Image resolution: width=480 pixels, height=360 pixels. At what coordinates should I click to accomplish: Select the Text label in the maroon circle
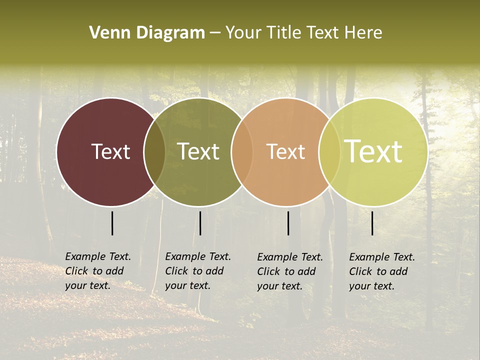[110, 151]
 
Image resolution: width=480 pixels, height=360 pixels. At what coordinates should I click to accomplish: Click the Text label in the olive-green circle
[198, 151]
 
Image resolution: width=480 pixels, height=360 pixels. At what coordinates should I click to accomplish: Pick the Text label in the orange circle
[285, 151]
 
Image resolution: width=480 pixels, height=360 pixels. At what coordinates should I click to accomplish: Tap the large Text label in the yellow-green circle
[373, 151]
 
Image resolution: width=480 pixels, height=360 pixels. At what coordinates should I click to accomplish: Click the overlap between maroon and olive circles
[154, 152]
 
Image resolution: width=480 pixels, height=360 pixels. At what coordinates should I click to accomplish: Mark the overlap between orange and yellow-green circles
[329, 152]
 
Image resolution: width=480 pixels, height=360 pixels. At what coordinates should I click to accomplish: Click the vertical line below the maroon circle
[112, 223]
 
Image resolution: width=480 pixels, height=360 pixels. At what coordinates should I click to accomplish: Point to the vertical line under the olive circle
[200, 223]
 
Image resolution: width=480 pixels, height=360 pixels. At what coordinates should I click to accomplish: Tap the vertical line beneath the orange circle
[288, 223]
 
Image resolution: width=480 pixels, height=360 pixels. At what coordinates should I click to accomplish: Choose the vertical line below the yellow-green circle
[372, 223]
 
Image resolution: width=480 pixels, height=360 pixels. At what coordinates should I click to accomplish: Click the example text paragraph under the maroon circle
[98, 271]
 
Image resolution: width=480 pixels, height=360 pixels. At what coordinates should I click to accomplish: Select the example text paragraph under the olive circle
[198, 271]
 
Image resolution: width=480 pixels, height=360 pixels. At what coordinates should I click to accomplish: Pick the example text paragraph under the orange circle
[290, 271]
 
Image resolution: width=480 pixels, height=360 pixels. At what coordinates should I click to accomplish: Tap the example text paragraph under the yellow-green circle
[382, 271]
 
